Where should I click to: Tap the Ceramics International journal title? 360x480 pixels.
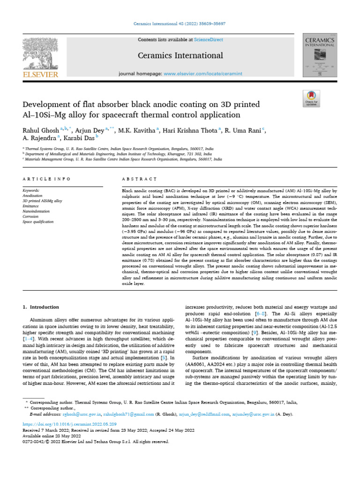pos(180,56)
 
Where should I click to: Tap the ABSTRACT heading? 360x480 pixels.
pos(139,179)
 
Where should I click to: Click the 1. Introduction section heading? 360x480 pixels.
pos(41,307)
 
